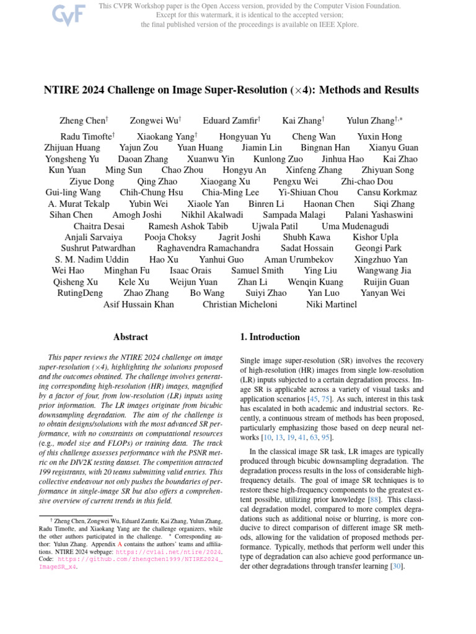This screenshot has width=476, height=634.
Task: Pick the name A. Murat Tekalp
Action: click(79, 204)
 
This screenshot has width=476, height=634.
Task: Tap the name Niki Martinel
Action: click(332, 304)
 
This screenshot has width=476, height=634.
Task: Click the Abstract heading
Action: click(131, 337)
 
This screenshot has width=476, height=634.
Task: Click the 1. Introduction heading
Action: click(270, 337)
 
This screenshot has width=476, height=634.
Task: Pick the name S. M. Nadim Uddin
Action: click(92, 259)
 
